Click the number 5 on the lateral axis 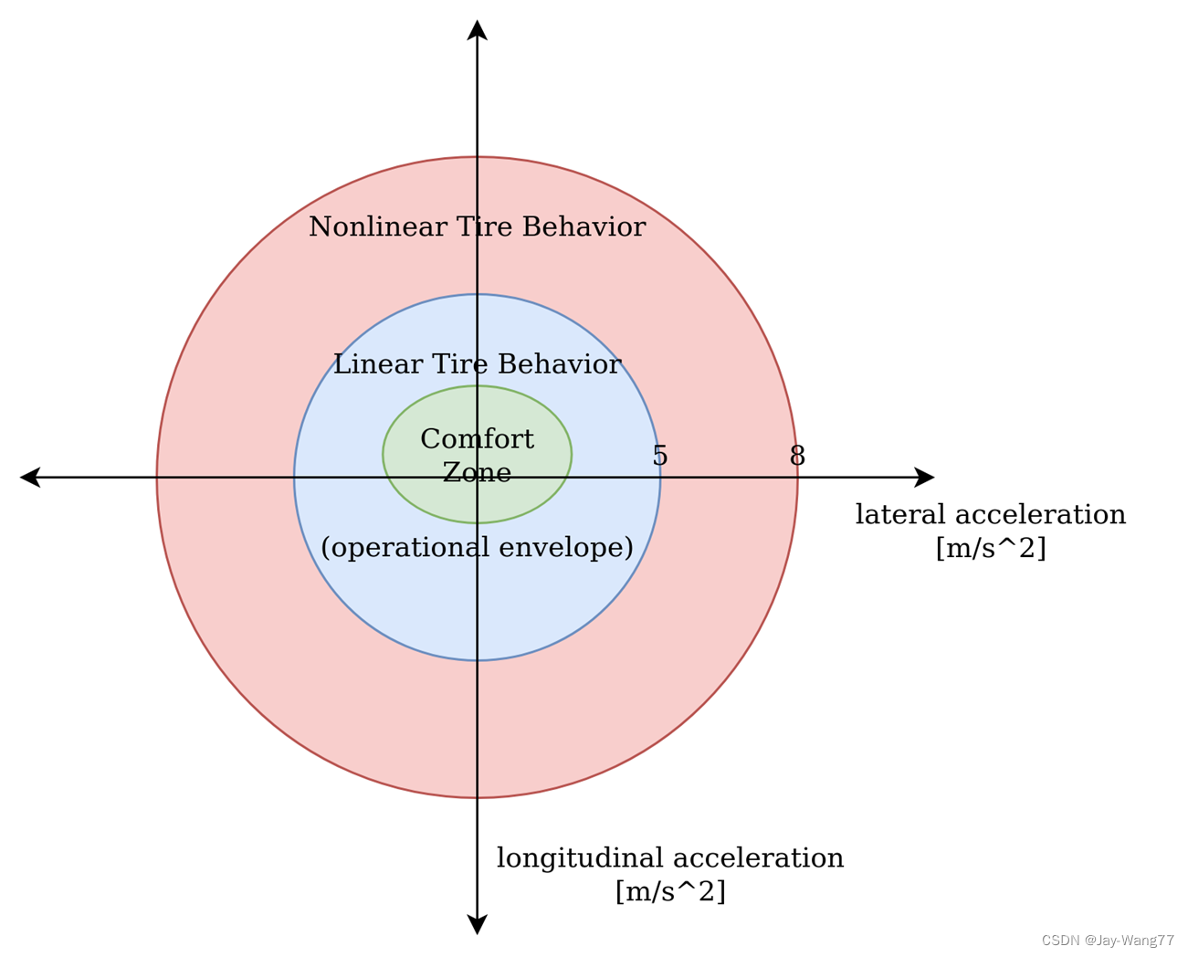(660, 456)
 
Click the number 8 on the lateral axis (797, 456)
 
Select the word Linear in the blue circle (373, 364)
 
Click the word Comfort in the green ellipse (477, 439)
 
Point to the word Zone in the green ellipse (477, 472)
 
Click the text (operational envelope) (477, 547)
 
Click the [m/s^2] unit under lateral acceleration (991, 548)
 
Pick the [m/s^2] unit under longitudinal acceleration (670, 891)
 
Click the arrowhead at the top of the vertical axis (477, 30)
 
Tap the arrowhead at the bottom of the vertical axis (477, 924)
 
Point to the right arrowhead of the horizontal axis (924, 477)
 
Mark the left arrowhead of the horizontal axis (30, 477)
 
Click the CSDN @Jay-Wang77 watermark (1108, 941)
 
